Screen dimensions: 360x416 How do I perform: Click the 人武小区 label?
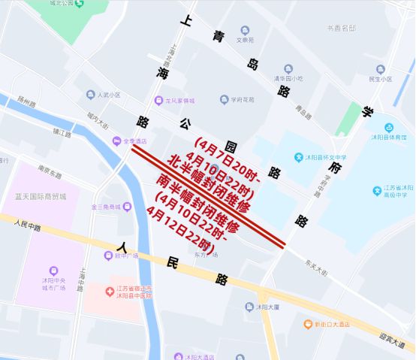click(x=108, y=95)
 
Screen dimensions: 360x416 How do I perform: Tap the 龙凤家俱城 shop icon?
click(x=158, y=100)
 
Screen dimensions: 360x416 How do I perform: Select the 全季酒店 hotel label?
click(x=134, y=141)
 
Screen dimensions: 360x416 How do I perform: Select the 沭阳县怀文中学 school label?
click(x=324, y=157)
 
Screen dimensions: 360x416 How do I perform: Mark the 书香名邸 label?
click(x=341, y=29)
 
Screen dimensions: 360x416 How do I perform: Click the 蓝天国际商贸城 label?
click(x=41, y=196)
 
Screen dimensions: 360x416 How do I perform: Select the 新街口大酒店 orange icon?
click(x=308, y=325)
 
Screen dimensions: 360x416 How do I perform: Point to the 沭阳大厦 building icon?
click(x=249, y=307)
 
